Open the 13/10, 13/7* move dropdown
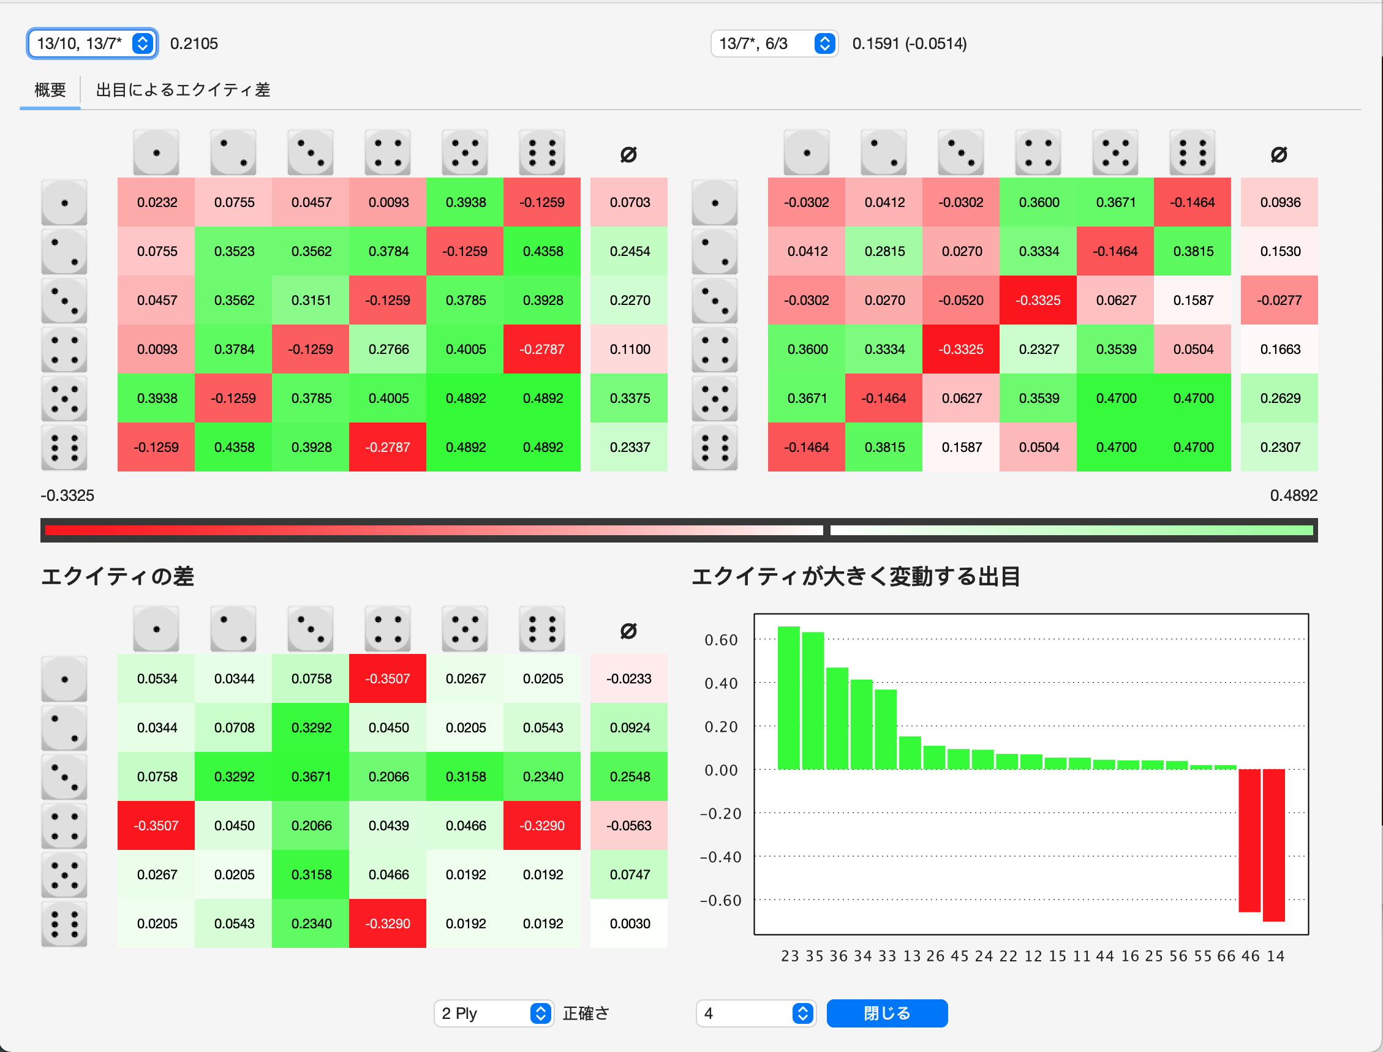tap(92, 44)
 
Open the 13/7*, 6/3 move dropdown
tap(774, 44)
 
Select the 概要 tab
tap(50, 90)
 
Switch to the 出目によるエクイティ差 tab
tap(183, 90)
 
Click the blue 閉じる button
tap(886, 1013)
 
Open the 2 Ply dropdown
tap(494, 1013)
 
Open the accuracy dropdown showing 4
tap(755, 1013)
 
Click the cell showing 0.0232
tap(157, 202)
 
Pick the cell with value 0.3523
tap(233, 251)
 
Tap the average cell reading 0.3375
tap(629, 398)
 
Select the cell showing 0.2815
tap(884, 251)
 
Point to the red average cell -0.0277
tap(1279, 300)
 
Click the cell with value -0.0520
tap(961, 300)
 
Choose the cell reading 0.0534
tap(157, 679)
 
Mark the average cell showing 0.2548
tap(629, 776)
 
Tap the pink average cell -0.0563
tap(629, 825)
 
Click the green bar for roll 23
tap(789, 697)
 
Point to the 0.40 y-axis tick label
tap(721, 683)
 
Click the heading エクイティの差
tap(117, 576)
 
